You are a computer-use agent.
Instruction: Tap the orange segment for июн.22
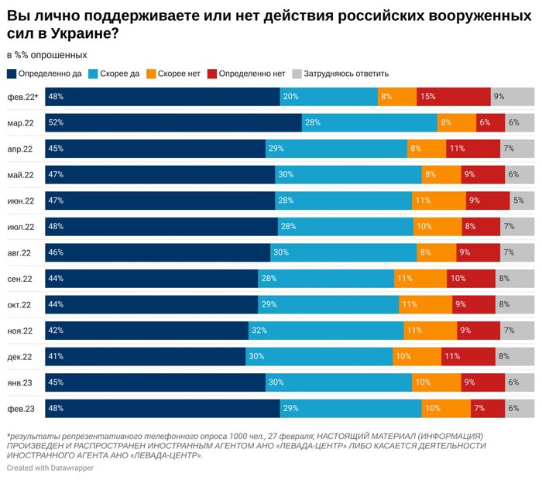click(439, 201)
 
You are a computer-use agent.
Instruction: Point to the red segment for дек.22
click(468, 357)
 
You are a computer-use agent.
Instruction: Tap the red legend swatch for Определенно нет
click(213, 74)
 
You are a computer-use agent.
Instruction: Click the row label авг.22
click(19, 253)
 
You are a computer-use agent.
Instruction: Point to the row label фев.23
click(19, 409)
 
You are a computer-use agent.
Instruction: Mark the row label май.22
click(19, 175)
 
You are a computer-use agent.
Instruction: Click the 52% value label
click(55, 123)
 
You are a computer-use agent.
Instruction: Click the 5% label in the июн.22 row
click(518, 201)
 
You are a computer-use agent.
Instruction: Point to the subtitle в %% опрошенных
click(46, 55)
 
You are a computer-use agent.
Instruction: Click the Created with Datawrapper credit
click(50, 468)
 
